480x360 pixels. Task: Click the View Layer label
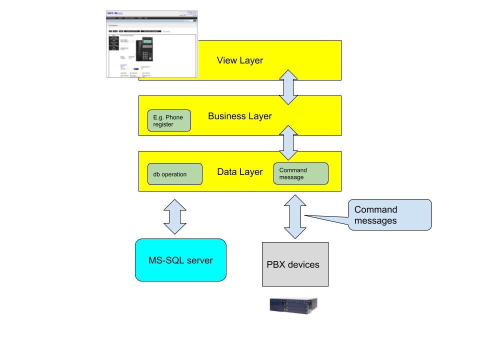pos(240,60)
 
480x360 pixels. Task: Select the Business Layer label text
pos(240,116)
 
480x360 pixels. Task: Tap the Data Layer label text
pos(240,171)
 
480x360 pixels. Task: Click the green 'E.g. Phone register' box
pos(169,120)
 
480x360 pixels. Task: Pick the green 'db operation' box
pos(175,174)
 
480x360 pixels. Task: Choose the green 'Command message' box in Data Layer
pos(301,173)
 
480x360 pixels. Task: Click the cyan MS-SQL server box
pos(180,260)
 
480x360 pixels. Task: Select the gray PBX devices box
pos(295,264)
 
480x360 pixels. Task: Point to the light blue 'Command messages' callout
pos(389,215)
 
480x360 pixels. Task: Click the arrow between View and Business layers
pos(288,87)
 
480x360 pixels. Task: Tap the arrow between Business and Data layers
pos(288,142)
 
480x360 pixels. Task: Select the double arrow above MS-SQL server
pos(174,216)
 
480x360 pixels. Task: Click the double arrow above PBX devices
pos(295,216)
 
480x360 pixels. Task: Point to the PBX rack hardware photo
pos(295,303)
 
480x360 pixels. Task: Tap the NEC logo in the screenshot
pos(111,13)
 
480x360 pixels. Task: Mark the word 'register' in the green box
pos(163,124)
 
